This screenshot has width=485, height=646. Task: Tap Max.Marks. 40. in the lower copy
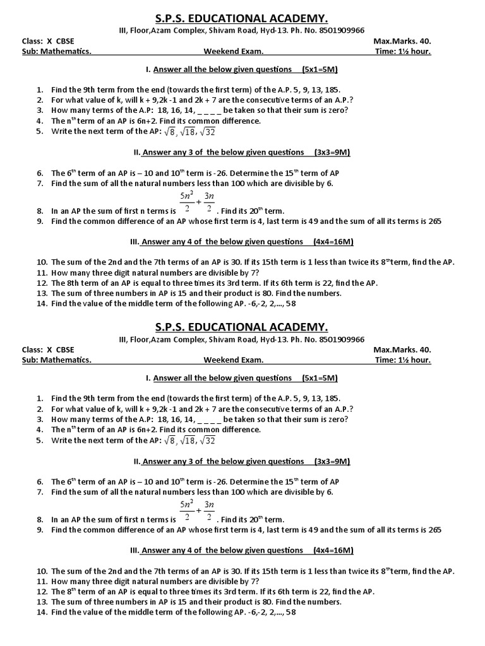click(402, 349)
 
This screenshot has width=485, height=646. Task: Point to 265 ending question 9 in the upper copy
click(434, 221)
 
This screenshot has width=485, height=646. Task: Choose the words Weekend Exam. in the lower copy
click(233, 360)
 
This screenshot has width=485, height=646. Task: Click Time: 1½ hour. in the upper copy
click(402, 52)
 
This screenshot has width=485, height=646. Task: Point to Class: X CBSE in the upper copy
click(47, 41)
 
